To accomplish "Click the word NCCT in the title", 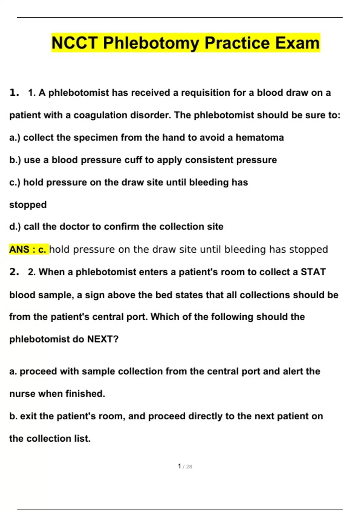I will click(74, 43).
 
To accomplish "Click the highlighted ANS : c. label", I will click(28, 249).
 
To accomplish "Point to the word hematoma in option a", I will click(259, 137).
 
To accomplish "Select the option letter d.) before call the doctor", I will click(15, 226).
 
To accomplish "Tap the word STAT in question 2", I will click(313, 272).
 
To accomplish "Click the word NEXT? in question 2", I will click(103, 339).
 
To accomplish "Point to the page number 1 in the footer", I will click(179, 466).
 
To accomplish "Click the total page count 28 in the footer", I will click(189, 466).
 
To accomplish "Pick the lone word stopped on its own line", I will click(28, 205).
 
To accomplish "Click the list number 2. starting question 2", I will click(14, 272).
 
